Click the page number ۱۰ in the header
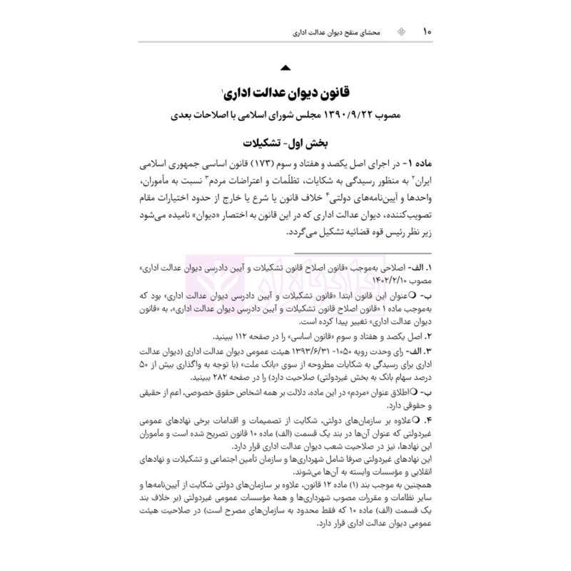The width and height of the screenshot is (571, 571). pos(427,31)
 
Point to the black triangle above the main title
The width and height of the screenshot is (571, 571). pos(285,69)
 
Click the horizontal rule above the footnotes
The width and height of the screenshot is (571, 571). pos(285,255)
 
